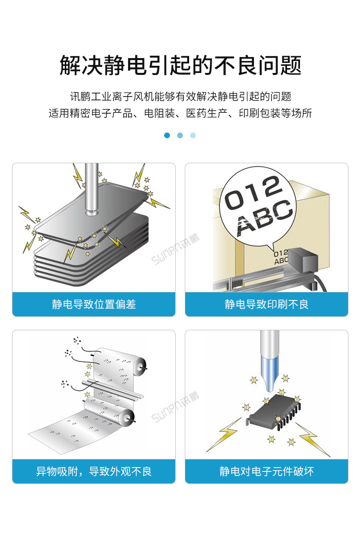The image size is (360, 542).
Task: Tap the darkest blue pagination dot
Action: [167, 135]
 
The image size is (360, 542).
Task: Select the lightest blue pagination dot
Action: [193, 135]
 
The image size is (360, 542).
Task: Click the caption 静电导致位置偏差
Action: [94, 304]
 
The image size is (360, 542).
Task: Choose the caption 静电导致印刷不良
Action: [266, 304]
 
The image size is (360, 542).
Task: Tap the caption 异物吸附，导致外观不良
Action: [94, 471]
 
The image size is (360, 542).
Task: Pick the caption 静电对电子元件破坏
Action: [266, 471]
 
